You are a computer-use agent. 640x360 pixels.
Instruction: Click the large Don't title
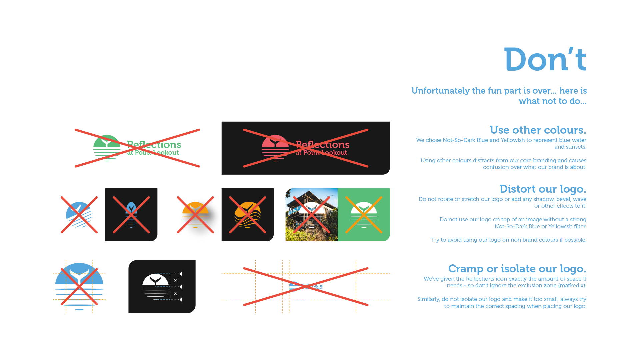(545, 60)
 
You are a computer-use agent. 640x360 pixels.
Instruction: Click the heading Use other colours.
(538, 130)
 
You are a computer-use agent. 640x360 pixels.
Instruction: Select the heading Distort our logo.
(542, 189)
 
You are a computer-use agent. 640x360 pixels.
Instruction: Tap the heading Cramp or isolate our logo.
(517, 269)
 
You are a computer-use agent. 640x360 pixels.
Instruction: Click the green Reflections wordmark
(154, 145)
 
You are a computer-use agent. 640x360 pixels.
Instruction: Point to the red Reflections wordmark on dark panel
(322, 145)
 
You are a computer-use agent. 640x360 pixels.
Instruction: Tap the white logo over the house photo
(311, 215)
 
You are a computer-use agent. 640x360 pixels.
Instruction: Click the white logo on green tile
(364, 215)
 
